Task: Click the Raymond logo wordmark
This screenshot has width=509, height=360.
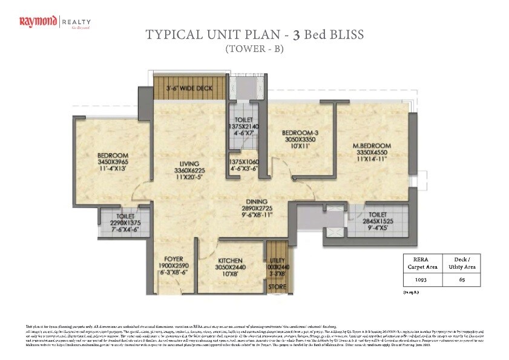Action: point(38,23)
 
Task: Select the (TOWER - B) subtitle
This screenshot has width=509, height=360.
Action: point(254,50)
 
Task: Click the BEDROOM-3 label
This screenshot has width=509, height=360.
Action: point(300,133)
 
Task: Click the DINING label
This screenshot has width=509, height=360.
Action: point(257,202)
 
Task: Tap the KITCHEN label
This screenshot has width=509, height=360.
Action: point(230,261)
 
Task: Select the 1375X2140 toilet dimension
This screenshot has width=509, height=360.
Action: point(244,126)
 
